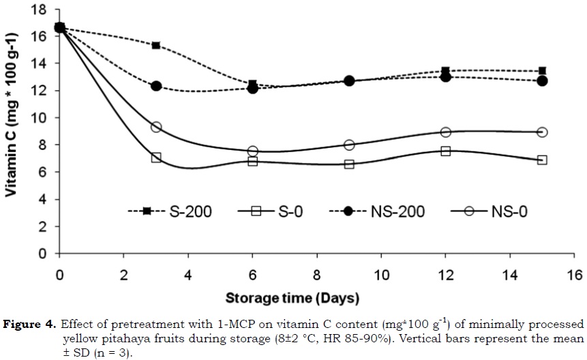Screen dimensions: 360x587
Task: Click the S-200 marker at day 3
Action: (156, 46)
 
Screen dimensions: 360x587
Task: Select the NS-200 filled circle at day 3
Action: (156, 86)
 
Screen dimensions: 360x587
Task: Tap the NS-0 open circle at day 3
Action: (156, 127)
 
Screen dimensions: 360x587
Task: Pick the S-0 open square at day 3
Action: (156, 157)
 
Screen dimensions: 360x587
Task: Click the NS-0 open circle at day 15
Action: (542, 132)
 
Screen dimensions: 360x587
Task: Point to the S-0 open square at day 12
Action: (446, 151)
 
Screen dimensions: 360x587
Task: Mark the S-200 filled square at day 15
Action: (542, 71)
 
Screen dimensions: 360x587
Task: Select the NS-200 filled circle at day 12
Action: (446, 77)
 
